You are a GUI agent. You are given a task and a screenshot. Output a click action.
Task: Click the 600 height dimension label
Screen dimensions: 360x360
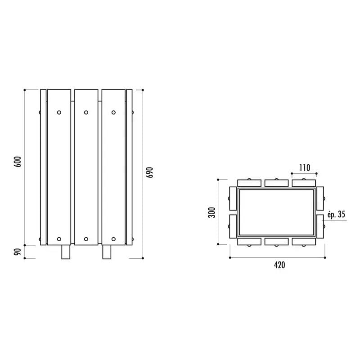(x=18, y=162)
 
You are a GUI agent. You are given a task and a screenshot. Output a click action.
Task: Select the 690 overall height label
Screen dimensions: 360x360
(x=149, y=172)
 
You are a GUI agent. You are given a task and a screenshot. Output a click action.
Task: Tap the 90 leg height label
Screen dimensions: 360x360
(x=18, y=252)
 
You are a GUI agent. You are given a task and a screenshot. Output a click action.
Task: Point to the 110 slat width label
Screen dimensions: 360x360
(x=305, y=168)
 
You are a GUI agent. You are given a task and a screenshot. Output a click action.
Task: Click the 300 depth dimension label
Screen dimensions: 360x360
(x=211, y=212)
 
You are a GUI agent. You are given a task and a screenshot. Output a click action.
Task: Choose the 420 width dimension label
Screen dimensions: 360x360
(x=279, y=265)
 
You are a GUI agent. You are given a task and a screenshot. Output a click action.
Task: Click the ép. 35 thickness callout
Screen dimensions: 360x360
(x=336, y=215)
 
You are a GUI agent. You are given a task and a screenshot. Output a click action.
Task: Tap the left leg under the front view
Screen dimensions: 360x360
(x=66, y=252)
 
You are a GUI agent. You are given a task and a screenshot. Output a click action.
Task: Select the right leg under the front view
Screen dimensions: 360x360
(x=107, y=252)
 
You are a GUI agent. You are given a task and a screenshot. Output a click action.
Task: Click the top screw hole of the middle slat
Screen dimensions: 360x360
(x=86, y=112)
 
